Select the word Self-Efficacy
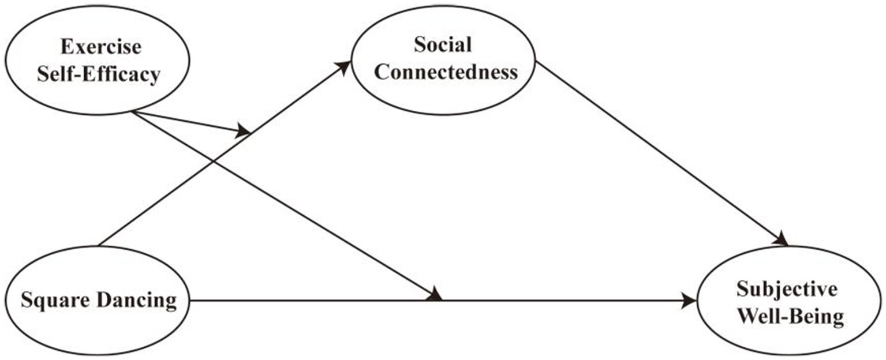click(98, 76)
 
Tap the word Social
click(443, 44)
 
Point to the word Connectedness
click(443, 73)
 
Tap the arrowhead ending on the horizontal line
click(435, 295)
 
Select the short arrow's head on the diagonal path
click(244, 132)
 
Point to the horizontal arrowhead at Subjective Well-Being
click(690, 301)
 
